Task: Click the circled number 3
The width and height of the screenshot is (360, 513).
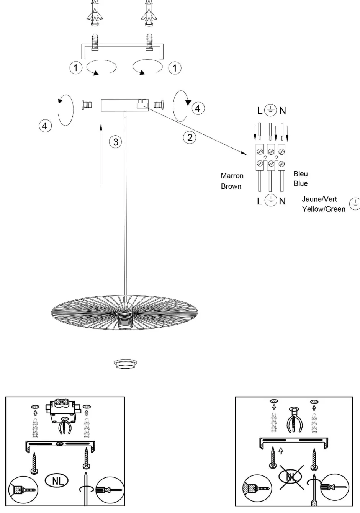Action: pyautogui.click(x=115, y=142)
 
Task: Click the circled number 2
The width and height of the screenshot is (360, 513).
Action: pyautogui.click(x=190, y=137)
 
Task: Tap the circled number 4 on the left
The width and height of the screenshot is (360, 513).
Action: pyautogui.click(x=45, y=126)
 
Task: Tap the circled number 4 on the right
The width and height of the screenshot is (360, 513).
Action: pyautogui.click(x=198, y=108)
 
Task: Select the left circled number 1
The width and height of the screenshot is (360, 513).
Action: pyautogui.click(x=76, y=68)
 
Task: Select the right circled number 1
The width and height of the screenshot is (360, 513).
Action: pyautogui.click(x=175, y=68)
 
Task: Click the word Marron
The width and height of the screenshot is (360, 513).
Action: pyautogui.click(x=232, y=176)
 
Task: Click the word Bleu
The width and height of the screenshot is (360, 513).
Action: pyautogui.click(x=301, y=174)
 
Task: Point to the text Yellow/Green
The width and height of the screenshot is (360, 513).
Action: pyautogui.click(x=324, y=209)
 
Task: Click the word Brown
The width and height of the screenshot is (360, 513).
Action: pyautogui.click(x=231, y=186)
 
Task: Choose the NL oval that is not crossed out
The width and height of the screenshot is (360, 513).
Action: pyautogui.click(x=57, y=481)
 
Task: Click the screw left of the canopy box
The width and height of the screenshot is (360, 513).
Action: pyautogui.click(x=88, y=104)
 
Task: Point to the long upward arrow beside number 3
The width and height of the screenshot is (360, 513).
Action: pyautogui.click(x=101, y=155)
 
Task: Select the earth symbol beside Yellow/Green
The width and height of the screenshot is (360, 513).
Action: pyautogui.click(x=355, y=204)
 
